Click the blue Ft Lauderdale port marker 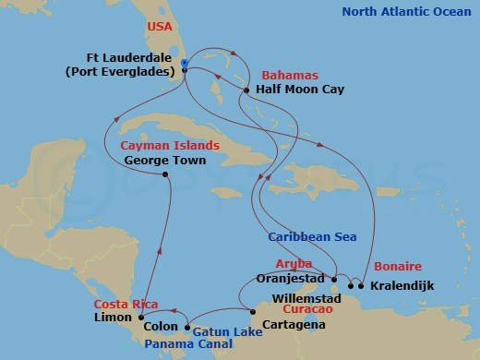(185, 65)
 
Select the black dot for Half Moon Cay (246, 90)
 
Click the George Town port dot (165, 175)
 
